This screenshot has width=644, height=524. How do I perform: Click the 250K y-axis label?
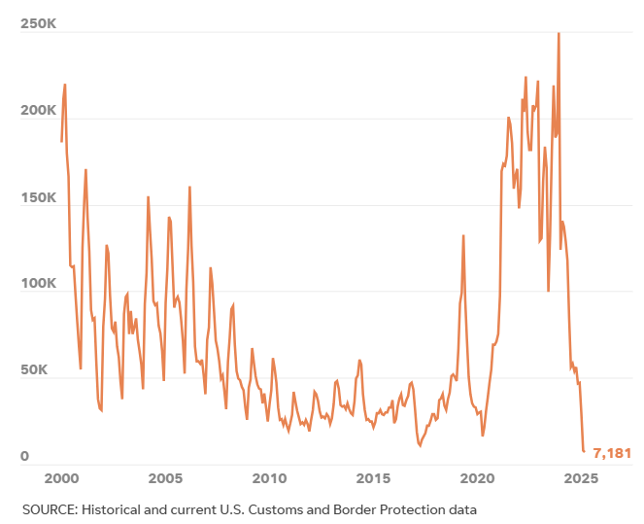pyautogui.click(x=38, y=25)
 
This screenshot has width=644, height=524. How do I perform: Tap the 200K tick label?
pyautogui.click(x=38, y=112)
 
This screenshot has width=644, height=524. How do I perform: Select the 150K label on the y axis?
pyautogui.click(x=38, y=198)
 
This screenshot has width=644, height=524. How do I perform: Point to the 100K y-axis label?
pyautogui.click(x=38, y=285)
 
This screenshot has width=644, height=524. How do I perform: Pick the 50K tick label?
pyautogui.click(x=42, y=371)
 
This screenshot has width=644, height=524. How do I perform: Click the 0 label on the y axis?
pyautogui.click(x=25, y=457)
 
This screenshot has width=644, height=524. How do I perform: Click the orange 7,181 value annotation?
pyautogui.click(x=612, y=453)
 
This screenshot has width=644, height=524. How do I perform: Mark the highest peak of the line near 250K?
pyautogui.click(x=559, y=33)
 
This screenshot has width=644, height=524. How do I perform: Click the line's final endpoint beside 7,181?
pyautogui.click(x=584, y=451)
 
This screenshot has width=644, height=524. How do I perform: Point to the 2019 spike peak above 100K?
pyautogui.click(x=463, y=235)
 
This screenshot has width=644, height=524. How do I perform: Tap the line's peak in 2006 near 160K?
pyautogui.click(x=189, y=187)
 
